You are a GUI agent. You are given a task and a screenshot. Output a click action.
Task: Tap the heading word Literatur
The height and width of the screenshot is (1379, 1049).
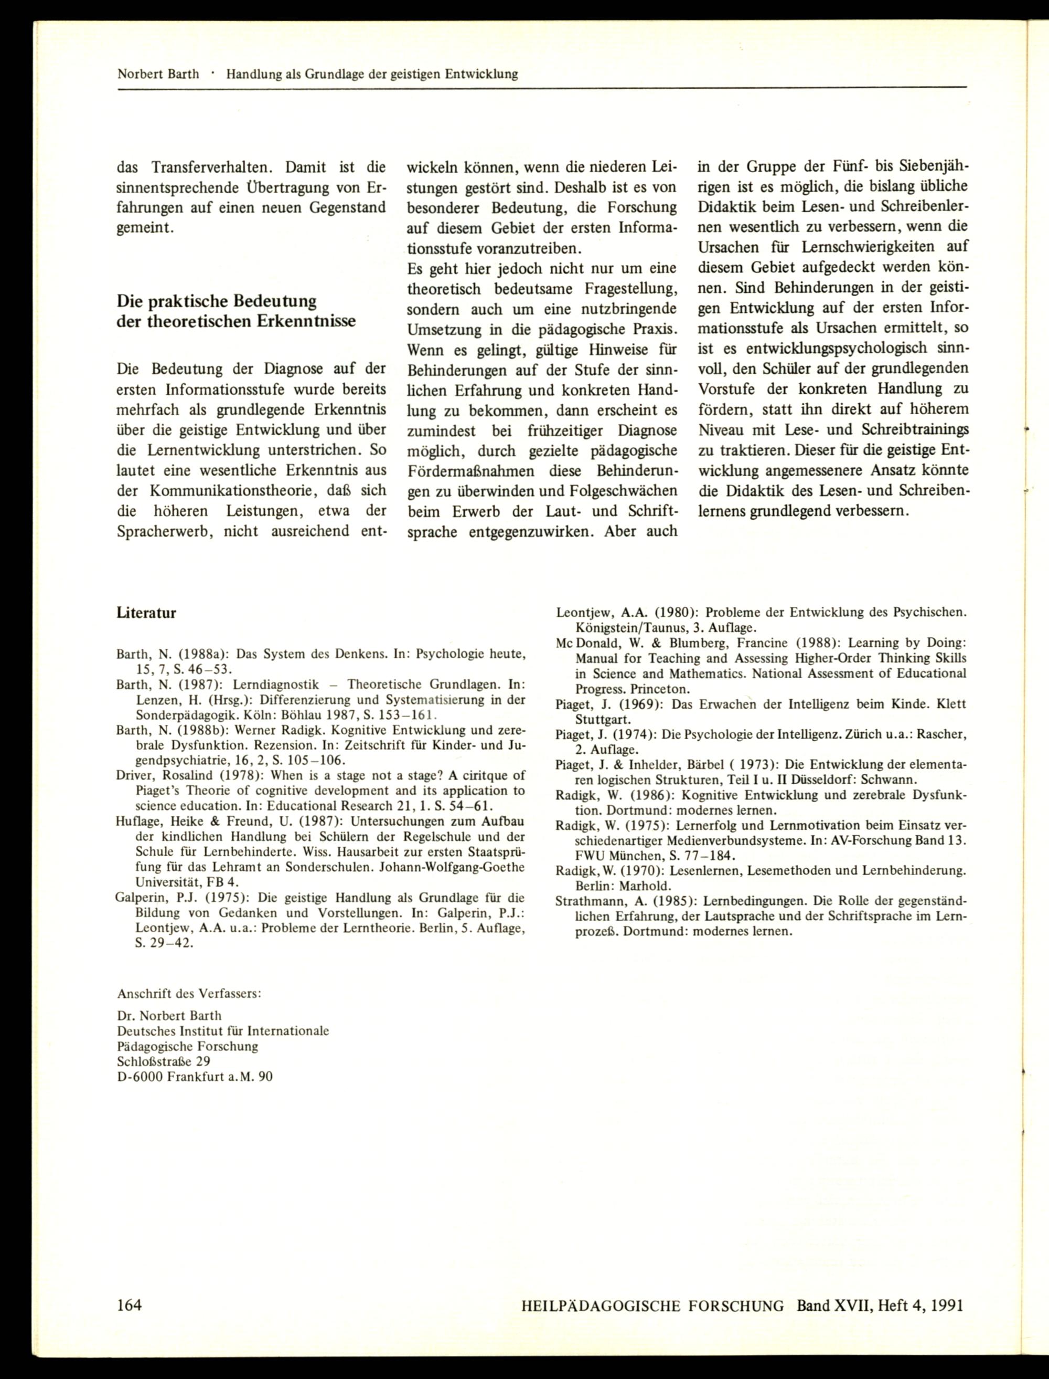click(146, 613)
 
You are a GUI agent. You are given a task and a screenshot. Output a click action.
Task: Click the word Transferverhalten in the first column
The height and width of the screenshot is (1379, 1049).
click(212, 167)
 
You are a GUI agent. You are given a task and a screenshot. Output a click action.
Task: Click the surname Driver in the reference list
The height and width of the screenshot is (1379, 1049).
click(134, 775)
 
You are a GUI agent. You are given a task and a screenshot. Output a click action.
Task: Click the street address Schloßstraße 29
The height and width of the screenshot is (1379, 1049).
click(164, 1061)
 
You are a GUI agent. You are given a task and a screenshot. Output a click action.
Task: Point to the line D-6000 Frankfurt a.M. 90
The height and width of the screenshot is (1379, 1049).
click(195, 1077)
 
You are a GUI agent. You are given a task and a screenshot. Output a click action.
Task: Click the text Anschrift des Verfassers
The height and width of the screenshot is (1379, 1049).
click(189, 994)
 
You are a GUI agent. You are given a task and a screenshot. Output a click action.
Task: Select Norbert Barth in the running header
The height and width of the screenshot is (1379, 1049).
click(158, 75)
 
